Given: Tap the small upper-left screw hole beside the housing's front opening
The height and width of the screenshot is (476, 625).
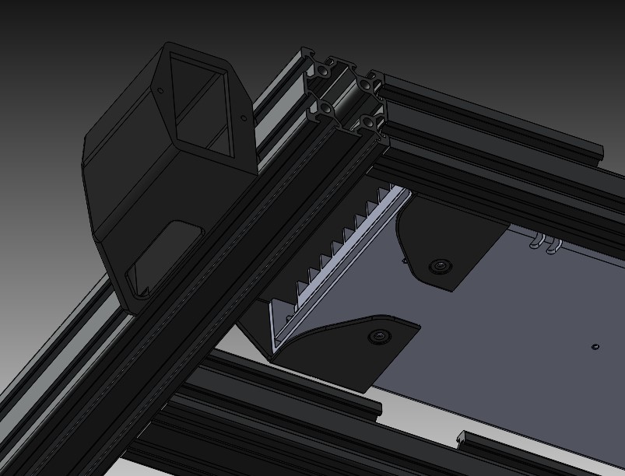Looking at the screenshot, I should tap(161, 90).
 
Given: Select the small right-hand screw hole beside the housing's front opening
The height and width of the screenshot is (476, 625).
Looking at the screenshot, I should tap(243, 119).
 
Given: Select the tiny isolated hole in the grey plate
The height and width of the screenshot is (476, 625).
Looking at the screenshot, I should tap(595, 346).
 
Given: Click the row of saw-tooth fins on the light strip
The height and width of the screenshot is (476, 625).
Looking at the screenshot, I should tap(342, 241).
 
